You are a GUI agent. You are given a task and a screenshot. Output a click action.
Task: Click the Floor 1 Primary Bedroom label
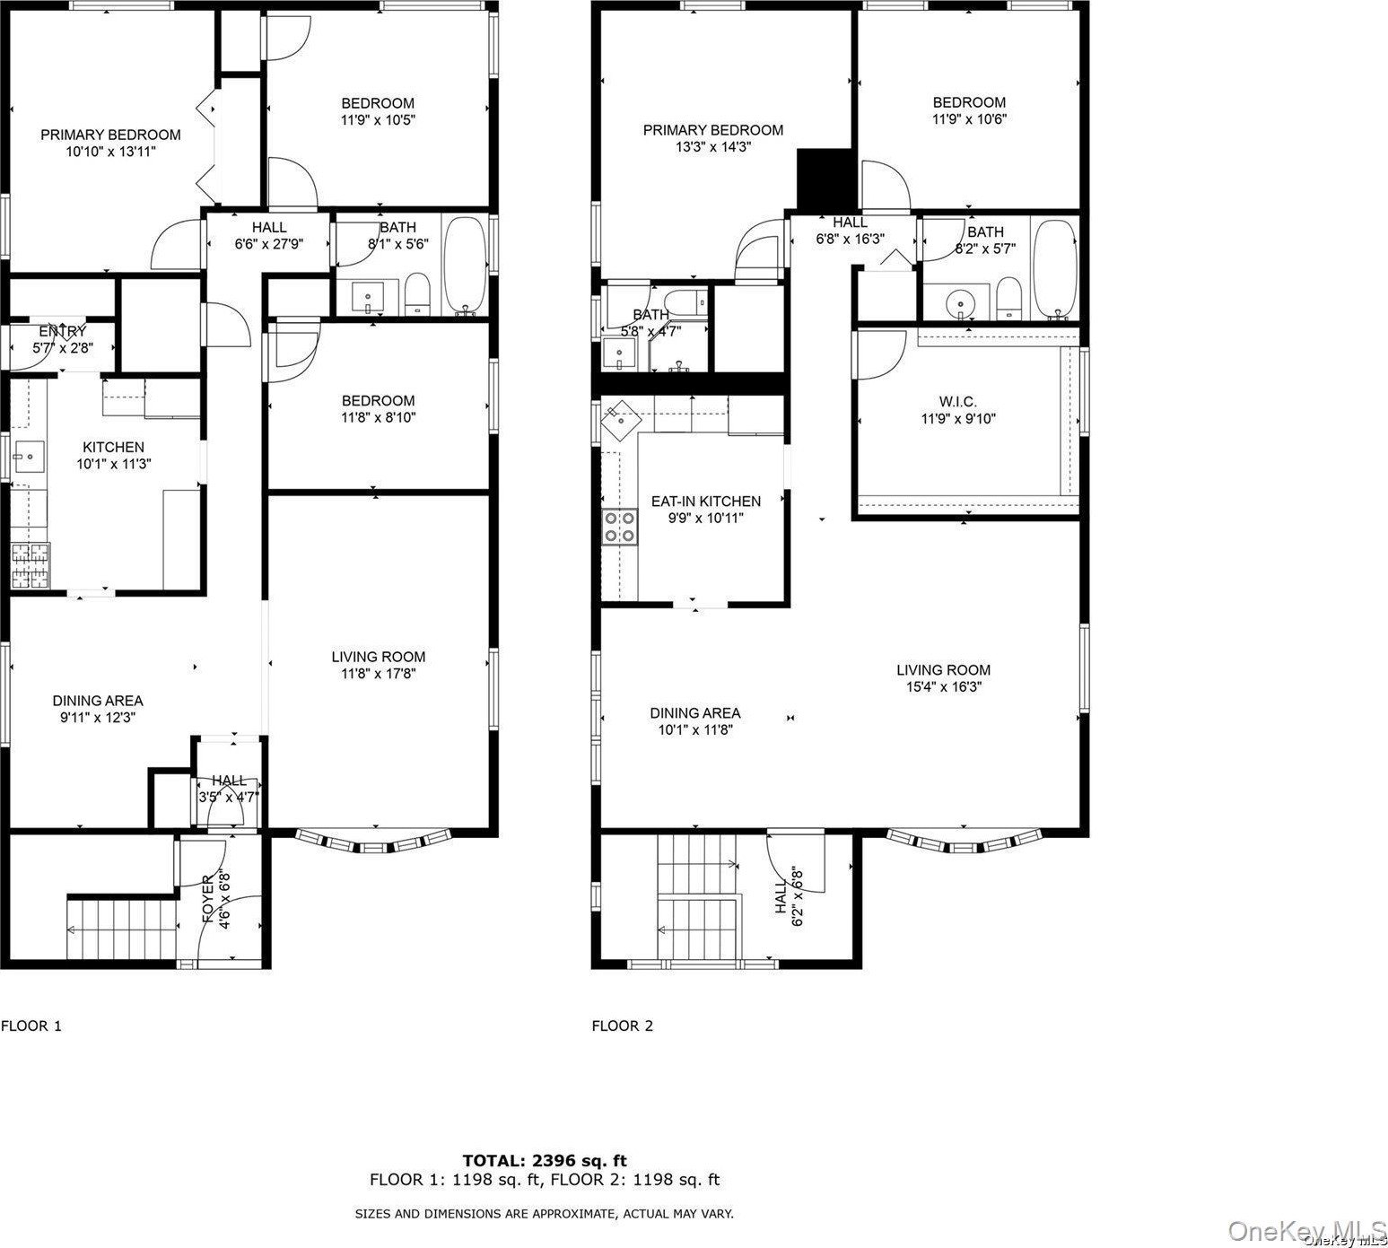point(110,135)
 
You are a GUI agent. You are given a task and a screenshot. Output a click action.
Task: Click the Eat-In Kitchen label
point(705,502)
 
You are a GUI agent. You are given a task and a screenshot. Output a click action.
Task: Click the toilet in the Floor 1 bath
point(417,296)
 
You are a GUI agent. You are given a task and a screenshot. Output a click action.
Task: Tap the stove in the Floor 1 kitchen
point(31,566)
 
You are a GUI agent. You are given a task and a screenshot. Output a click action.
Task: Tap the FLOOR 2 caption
point(622,1025)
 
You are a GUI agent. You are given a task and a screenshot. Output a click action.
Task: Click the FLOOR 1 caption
point(31,1025)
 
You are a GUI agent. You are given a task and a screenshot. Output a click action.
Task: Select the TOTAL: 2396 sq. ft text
point(551,1161)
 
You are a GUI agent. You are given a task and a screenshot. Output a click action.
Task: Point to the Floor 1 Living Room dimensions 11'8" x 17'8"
point(379,673)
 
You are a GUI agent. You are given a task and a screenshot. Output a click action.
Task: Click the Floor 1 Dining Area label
point(97,701)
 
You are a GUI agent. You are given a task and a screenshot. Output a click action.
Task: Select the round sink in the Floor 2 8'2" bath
point(961,303)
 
